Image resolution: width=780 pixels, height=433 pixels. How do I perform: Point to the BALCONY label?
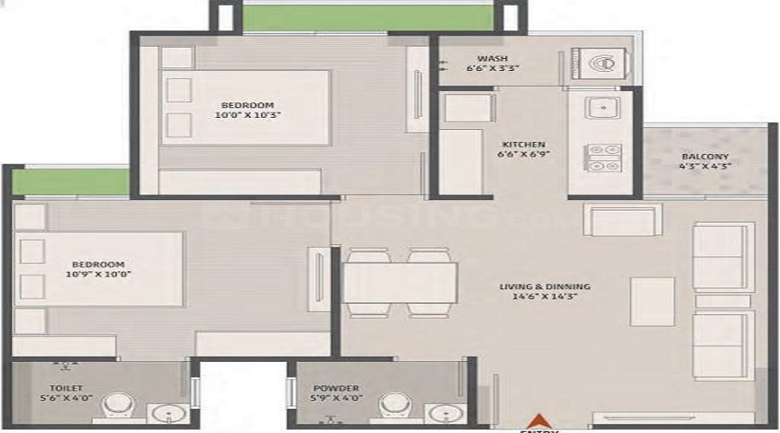coord(705,156)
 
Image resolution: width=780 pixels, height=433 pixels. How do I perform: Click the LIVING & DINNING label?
coord(544,286)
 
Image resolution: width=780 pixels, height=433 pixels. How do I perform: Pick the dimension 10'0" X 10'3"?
coord(243,113)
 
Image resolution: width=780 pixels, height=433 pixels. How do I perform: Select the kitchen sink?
coord(600,108)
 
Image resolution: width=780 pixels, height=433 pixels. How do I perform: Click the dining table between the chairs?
coord(400,282)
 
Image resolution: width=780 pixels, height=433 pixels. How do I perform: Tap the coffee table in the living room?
coord(652,301)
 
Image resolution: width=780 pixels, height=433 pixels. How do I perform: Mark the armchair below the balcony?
coord(623,220)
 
